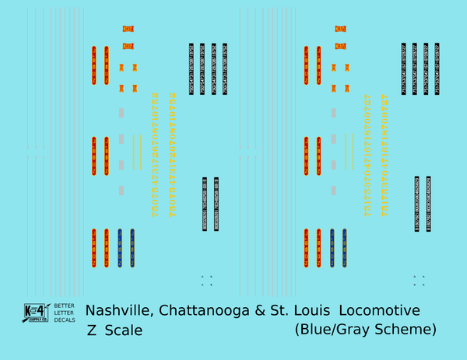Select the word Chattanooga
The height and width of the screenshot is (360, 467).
pos(204,311)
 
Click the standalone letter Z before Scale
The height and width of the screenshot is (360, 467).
pos(92,330)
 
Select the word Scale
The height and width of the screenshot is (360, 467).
pos(124,330)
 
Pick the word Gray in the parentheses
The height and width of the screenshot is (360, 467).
pos(357,330)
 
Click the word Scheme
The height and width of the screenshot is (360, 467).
pos(405,330)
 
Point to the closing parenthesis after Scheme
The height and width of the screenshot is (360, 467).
pos(434,330)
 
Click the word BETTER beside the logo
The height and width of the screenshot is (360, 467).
pos(65,306)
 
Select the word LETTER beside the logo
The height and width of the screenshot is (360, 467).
pos(65,313)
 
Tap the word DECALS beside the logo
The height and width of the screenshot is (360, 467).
pos(65,320)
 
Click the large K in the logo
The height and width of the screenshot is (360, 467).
pos(30,309)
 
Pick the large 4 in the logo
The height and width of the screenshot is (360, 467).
pos(42,309)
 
